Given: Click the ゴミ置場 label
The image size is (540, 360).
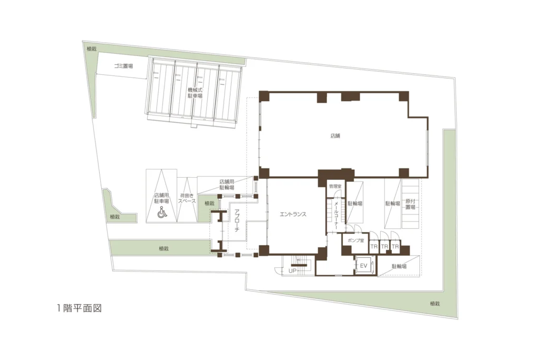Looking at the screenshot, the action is pos(123,66).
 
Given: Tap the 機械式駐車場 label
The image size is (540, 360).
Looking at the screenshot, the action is pos(195,93).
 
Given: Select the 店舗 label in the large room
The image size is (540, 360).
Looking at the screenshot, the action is pos(335,136).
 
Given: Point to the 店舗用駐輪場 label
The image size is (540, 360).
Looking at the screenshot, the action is pos(227,184).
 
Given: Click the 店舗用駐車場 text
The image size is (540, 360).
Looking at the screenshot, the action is pos(161,198).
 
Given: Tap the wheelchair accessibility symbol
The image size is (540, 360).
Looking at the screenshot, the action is pos(162,212).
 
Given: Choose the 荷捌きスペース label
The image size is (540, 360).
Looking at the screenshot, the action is pos(187,198).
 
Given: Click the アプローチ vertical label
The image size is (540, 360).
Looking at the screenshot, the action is pos(237,220).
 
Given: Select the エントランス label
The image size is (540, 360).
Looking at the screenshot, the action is pos(293,214).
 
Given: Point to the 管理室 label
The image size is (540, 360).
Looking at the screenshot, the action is pos(335,186).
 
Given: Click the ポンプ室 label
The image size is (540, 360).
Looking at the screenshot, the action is pos(356,240).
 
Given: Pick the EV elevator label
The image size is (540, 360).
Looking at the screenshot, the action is pos(364,266).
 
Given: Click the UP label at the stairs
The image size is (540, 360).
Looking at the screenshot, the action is pos(292,271).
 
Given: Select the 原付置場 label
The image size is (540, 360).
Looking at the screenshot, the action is pos(410,204).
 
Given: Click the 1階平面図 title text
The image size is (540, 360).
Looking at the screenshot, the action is pos(80,308).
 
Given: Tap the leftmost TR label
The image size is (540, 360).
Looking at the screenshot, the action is pos(374,247).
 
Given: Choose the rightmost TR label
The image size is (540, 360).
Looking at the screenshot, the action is pos(396,247).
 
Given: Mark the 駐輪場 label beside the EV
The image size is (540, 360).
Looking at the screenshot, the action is pos(399,266).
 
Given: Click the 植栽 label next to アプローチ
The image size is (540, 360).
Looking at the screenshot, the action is pos(209,203).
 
